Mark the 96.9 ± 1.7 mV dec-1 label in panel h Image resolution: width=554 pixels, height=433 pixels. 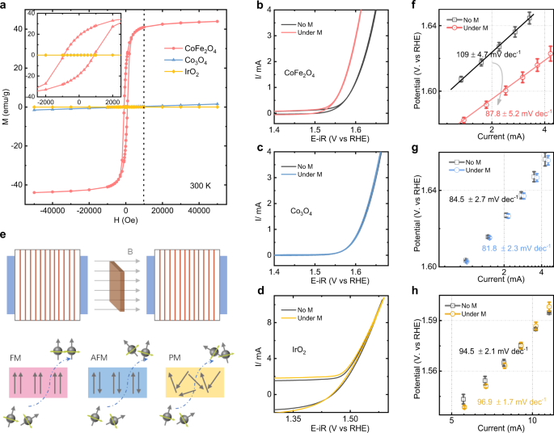tap(506, 401)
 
